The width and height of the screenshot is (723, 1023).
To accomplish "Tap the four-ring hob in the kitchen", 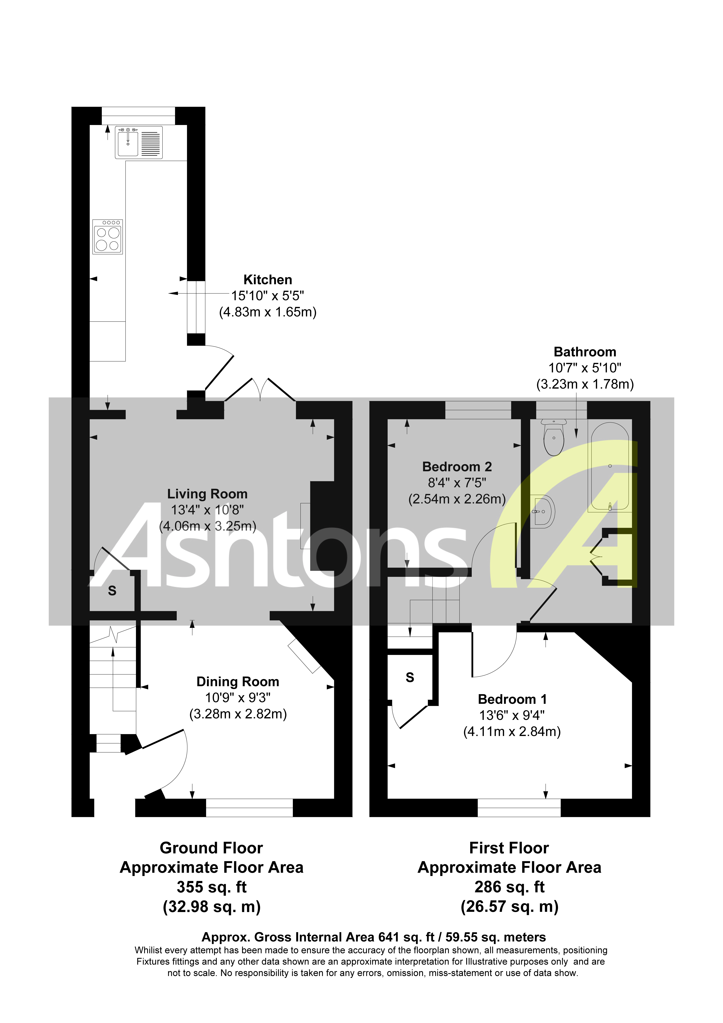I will coord(107,237).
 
